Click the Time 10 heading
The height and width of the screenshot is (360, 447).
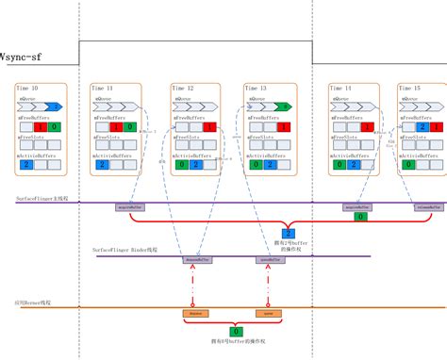[27, 87]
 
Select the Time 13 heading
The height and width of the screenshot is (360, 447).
[257, 87]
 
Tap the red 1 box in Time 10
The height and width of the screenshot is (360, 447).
[40, 126]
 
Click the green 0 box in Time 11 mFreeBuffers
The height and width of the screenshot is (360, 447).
[130, 126]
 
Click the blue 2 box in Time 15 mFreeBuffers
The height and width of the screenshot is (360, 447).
[415, 126]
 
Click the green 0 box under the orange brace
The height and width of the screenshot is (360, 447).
[235, 332]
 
